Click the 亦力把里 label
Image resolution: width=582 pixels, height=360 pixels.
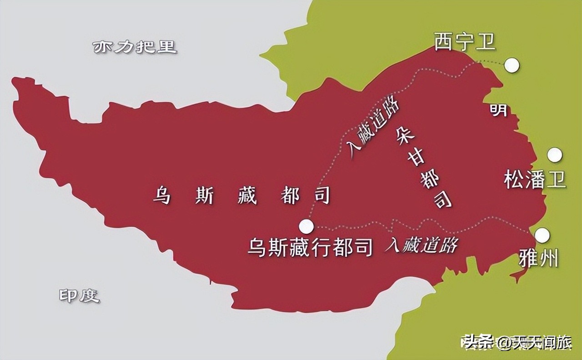[135, 47]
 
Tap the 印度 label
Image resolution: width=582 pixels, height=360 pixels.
[79, 296]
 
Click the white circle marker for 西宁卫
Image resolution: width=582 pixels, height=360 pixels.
[512, 65]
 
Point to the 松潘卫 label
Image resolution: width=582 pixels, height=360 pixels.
[535, 180]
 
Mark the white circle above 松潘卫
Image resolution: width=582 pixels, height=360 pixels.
[554, 155]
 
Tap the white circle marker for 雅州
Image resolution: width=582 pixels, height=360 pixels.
[542, 235]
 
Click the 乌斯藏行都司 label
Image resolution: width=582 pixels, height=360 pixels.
[310, 248]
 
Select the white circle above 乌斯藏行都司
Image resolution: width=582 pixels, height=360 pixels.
[306, 225]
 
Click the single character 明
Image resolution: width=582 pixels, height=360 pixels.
[498, 110]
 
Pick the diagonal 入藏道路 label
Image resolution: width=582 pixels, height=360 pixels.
[372, 128]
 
